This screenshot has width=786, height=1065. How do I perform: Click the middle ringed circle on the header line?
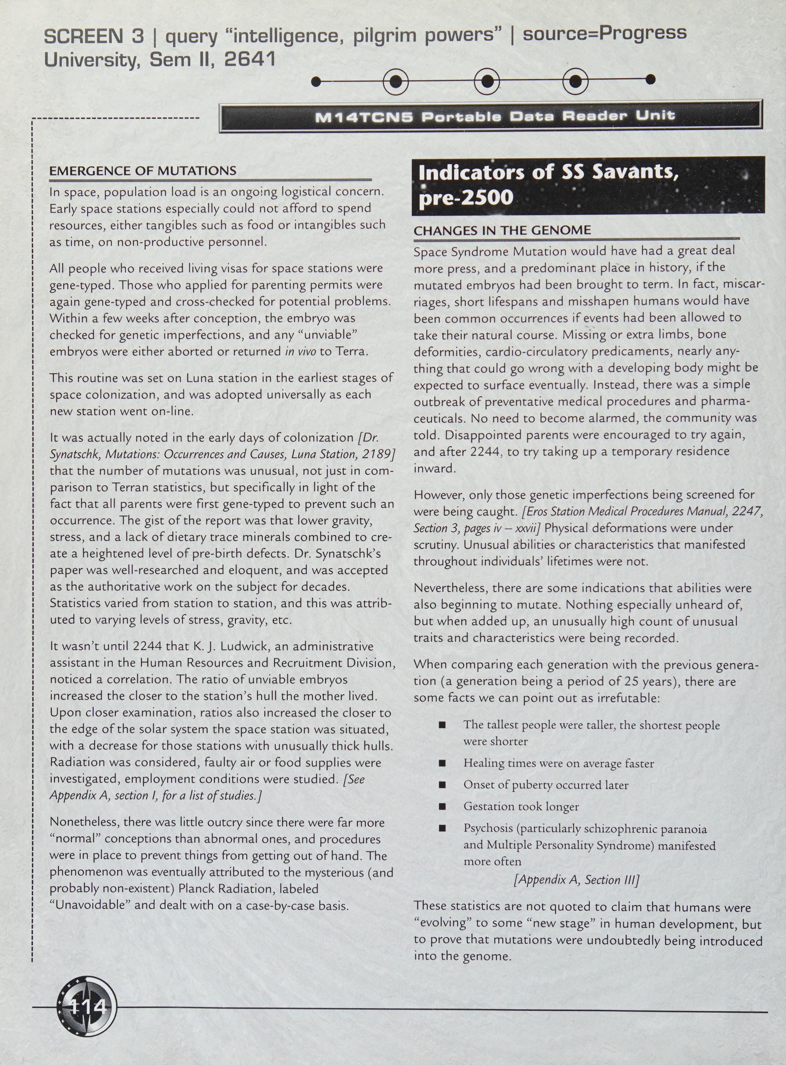486,81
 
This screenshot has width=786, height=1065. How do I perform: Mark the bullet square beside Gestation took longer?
442,806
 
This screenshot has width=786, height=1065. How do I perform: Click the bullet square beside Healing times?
442,763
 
